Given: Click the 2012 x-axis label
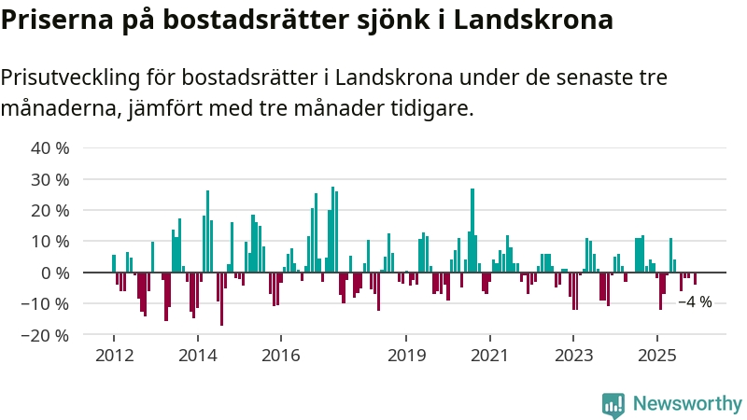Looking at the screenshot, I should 114,355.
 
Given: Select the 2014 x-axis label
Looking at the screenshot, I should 197,355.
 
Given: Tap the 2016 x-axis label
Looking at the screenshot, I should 280,355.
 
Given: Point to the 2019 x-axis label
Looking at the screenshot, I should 406,355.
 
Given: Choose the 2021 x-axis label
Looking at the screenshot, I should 489,355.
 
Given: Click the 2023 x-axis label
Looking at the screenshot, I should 573,355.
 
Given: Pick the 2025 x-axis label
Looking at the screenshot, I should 656,355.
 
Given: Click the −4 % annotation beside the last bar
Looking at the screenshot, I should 695,302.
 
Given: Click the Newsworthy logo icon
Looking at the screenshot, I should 613,404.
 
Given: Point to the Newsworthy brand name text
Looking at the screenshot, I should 687,404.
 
